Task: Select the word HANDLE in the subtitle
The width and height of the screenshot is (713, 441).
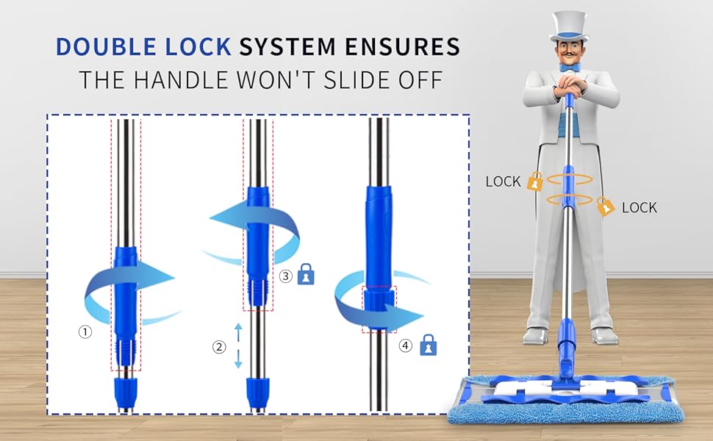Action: [182, 80]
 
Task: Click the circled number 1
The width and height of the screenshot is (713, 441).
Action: [85, 332]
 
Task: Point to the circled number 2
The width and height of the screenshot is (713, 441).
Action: [219, 348]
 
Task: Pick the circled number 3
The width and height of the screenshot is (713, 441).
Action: [285, 276]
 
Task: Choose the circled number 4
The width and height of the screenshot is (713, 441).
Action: [406, 345]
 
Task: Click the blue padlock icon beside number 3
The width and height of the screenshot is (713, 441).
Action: [306, 274]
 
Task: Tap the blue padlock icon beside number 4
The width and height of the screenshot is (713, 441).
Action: [429, 345]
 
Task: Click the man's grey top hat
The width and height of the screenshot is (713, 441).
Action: [569, 26]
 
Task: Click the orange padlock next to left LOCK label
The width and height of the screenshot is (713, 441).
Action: [535, 182]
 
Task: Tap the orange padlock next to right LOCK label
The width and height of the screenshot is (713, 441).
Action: [605, 206]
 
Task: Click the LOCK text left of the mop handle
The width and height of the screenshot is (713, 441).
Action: [503, 182]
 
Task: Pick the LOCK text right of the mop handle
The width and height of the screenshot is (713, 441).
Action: [639, 208]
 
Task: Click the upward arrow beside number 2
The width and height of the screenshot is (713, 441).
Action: [238, 332]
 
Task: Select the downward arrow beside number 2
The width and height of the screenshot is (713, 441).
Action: [238, 359]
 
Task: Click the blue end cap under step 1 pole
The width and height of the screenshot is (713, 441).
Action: [124, 393]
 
